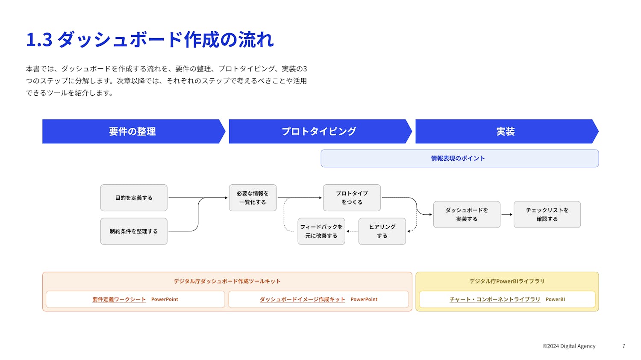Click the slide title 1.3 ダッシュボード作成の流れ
click(x=150, y=39)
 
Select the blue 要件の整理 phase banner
click(x=132, y=131)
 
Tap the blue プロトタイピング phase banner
click(x=319, y=131)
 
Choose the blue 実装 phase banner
click(x=506, y=131)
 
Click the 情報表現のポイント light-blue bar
click(x=459, y=158)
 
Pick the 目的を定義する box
click(x=134, y=198)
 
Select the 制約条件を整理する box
click(x=134, y=231)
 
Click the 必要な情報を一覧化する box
click(x=253, y=198)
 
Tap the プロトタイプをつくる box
click(x=352, y=198)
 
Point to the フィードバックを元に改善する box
click(x=321, y=231)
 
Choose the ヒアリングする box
click(x=382, y=231)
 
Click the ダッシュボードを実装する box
click(x=467, y=215)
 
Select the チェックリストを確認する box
click(x=547, y=215)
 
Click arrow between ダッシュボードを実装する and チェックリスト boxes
click(x=507, y=215)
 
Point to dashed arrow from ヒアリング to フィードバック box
click(x=352, y=231)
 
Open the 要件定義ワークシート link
click(x=119, y=299)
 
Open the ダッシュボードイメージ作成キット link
click(x=302, y=299)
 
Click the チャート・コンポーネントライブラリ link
click(x=495, y=299)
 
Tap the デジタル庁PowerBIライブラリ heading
click(x=507, y=281)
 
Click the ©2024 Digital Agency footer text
click(x=569, y=346)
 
